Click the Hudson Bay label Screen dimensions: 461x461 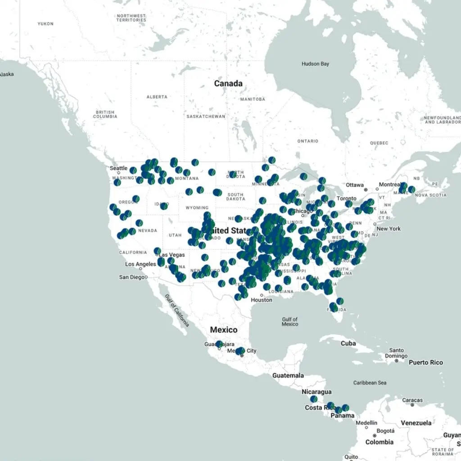click(x=315, y=64)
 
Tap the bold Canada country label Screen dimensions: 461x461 click(x=228, y=84)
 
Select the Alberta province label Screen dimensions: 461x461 click(x=157, y=97)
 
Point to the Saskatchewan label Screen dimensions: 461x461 click(x=206, y=116)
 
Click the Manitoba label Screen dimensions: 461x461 click(x=253, y=99)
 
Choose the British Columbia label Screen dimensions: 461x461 click(x=105, y=114)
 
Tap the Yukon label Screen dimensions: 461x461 click(x=45, y=23)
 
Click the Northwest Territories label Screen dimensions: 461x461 click(x=131, y=18)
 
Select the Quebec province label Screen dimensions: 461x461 click(x=379, y=143)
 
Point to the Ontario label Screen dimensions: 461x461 click(x=307, y=141)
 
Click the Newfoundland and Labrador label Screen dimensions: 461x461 click(x=443, y=120)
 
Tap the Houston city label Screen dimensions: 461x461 click(x=262, y=300)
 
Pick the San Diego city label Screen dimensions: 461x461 click(x=132, y=277)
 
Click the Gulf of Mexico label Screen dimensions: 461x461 click(x=290, y=321)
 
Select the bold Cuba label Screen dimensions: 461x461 click(x=348, y=343)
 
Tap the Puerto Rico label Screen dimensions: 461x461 click(x=425, y=362)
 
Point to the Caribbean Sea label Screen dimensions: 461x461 click(x=370, y=383)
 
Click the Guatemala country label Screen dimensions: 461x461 click(x=288, y=375)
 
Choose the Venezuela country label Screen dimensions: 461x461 click(x=416, y=423)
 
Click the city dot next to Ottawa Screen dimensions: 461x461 click(x=366, y=190)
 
